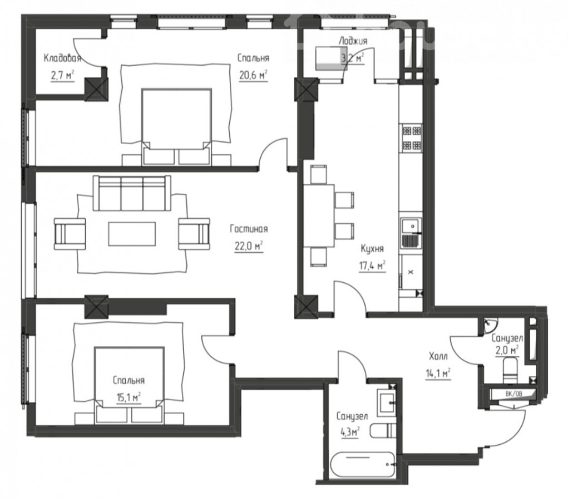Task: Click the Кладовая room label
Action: click(x=62, y=58)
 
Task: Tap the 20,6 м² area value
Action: click(x=253, y=75)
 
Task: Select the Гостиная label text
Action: click(x=249, y=229)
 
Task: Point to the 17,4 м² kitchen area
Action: click(x=372, y=267)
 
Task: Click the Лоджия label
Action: click(x=353, y=41)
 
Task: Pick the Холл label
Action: click(x=438, y=356)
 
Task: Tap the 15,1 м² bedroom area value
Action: click(x=129, y=397)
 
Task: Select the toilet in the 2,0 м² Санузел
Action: click(x=511, y=370)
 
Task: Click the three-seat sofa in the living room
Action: click(x=132, y=193)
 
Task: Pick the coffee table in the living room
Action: click(x=132, y=234)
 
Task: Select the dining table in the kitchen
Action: click(x=319, y=215)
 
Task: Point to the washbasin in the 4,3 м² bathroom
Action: click(x=388, y=403)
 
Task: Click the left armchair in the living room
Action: click(x=70, y=234)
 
